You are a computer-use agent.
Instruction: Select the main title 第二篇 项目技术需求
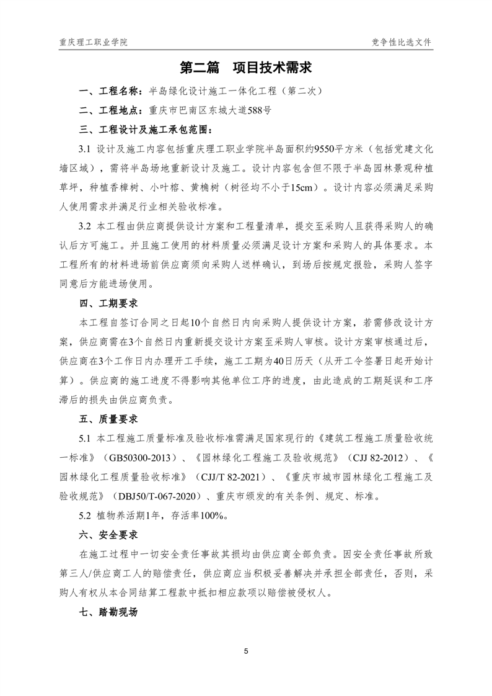tap(245, 68)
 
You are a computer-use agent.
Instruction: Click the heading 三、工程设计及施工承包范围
tap(146, 131)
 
